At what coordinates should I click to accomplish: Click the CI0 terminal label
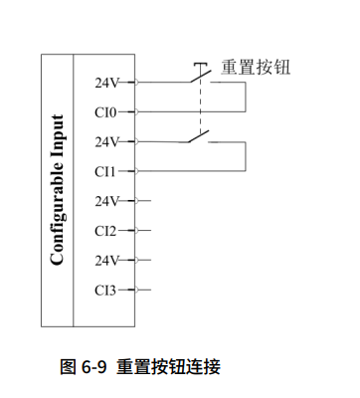point(105,112)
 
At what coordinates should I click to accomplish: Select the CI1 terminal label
point(105,172)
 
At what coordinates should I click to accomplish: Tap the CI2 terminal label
point(105,231)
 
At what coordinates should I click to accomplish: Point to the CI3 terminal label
point(105,291)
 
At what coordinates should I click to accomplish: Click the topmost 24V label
point(106,83)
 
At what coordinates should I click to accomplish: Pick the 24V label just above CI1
point(106,142)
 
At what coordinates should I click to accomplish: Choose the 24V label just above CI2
point(106,201)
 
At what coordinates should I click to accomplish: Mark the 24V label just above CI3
point(106,261)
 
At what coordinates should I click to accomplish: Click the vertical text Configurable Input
point(57,190)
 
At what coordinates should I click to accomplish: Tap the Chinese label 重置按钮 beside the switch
point(256,68)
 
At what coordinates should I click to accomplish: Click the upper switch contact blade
point(201,77)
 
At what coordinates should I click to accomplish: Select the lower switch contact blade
point(199,136)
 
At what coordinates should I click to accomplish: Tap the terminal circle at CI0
point(136,112)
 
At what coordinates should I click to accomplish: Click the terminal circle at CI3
point(136,290)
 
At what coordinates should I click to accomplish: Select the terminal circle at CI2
point(136,231)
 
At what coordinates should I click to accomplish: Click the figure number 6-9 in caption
point(93,367)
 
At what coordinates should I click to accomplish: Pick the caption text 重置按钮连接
point(168,367)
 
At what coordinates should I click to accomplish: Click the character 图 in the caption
point(68,367)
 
